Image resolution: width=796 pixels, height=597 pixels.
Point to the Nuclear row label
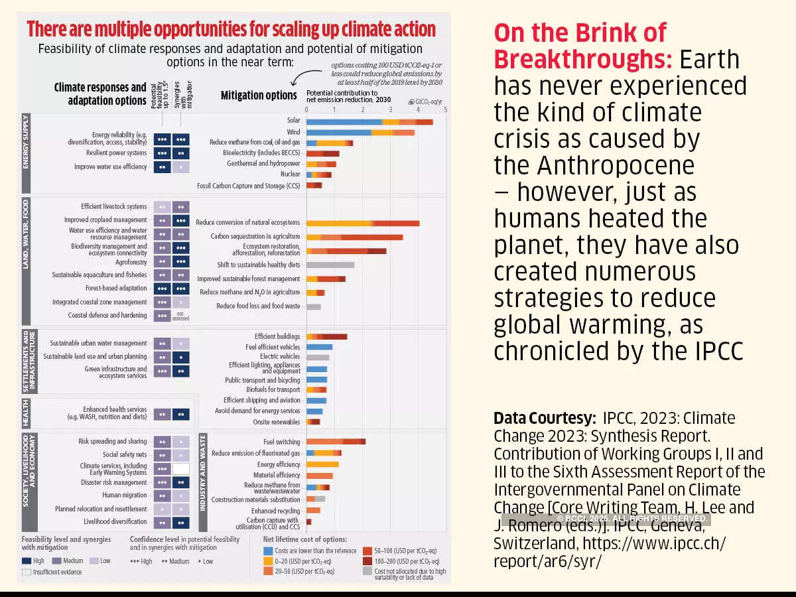(x=290, y=174)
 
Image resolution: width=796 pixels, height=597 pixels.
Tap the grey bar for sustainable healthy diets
(x=330, y=265)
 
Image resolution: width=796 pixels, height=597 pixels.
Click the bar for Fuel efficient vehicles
(x=319, y=347)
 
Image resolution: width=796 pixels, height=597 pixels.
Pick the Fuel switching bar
(x=336, y=442)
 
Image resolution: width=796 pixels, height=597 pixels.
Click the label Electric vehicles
(x=280, y=357)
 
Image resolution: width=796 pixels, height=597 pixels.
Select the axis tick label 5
(x=446, y=109)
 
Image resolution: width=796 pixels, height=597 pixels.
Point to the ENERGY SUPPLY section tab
(x=25, y=142)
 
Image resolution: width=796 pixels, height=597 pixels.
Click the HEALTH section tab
(x=25, y=413)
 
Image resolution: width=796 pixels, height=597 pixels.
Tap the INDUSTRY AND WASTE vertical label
(x=203, y=472)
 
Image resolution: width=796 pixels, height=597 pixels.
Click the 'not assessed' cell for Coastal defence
(x=180, y=316)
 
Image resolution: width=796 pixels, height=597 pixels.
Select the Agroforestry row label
(x=131, y=262)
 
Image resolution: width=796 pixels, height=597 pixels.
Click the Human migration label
(x=124, y=496)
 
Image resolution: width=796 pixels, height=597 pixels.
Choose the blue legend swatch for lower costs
(x=269, y=551)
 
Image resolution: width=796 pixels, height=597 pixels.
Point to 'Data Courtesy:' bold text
(x=545, y=419)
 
